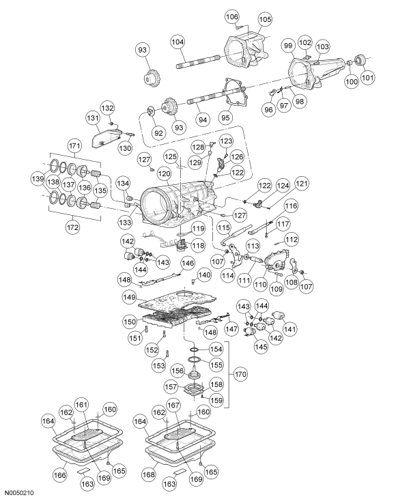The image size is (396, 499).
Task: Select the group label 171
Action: (x=72, y=146)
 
